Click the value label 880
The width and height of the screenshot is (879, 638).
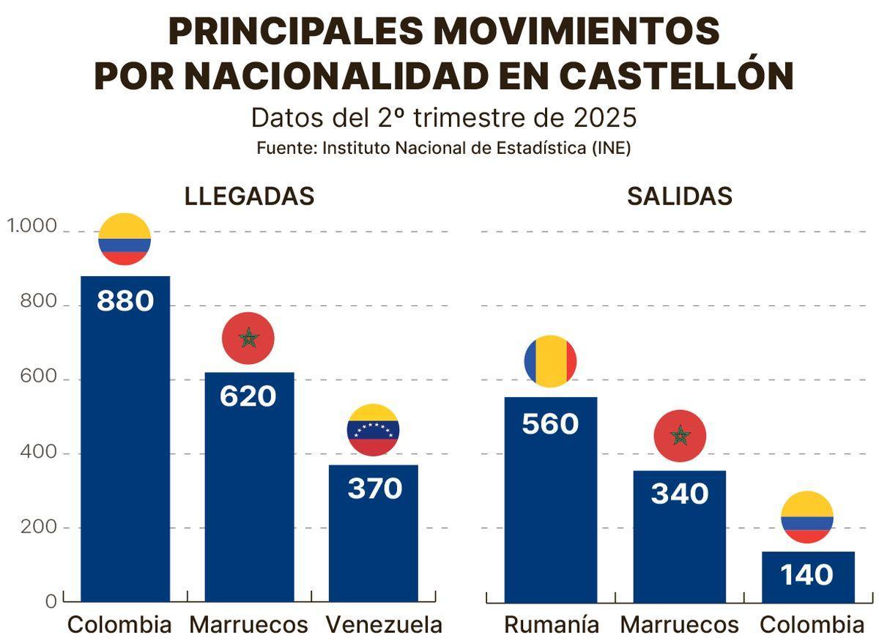[x=125, y=301]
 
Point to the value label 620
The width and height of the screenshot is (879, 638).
[x=248, y=396]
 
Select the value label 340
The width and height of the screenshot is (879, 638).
[x=679, y=494]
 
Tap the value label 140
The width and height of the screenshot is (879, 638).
[x=806, y=575]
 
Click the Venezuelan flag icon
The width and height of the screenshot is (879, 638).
[x=373, y=430]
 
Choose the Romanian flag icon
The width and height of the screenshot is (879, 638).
[x=550, y=362]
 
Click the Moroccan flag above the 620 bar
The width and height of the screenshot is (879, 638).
[x=248, y=338]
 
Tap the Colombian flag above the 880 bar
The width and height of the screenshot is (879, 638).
[x=125, y=240]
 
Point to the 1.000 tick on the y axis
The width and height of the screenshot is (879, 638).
[x=31, y=226]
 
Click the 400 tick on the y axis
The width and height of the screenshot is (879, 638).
[x=41, y=453]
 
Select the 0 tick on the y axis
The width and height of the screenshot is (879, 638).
[x=51, y=601]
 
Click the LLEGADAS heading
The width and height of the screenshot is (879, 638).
[x=249, y=196]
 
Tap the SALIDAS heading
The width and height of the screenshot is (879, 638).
[x=679, y=196]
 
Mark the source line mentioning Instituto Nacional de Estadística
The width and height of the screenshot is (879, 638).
[x=443, y=147]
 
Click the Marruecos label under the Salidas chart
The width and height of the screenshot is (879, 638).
[x=679, y=625]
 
